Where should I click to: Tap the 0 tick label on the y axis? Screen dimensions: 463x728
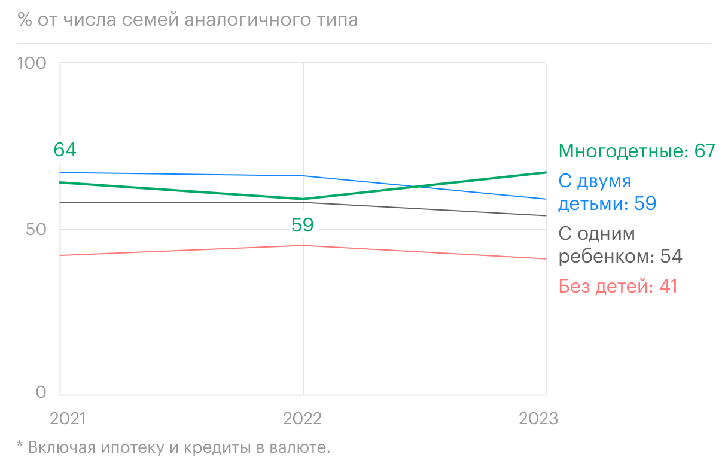click(x=41, y=392)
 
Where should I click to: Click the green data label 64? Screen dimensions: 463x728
click(x=65, y=150)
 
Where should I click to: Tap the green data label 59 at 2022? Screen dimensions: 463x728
click(x=303, y=225)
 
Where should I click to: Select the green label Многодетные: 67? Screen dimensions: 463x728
click(x=636, y=151)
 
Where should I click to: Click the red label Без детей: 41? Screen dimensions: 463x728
click(x=618, y=287)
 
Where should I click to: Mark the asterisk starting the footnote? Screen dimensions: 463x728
click(x=19, y=446)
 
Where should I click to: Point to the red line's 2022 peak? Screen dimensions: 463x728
click(x=303, y=245)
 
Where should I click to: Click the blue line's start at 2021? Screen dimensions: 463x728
click(x=61, y=172)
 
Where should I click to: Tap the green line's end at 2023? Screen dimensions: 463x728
click(x=546, y=172)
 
